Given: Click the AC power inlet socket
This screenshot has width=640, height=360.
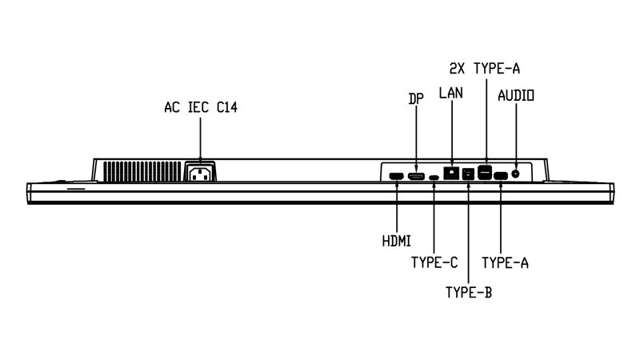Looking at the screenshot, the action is click(201, 171).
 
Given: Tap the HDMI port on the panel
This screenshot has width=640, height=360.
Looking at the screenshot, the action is click(396, 176).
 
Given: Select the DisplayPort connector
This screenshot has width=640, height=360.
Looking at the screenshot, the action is click(416, 176).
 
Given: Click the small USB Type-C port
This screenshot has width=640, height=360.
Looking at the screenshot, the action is click(434, 177).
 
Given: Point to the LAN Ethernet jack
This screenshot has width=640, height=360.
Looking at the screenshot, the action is click(451, 173).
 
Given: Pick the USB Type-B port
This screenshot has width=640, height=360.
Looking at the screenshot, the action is click(468, 174).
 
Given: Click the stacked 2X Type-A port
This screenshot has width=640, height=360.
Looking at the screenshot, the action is click(485, 173).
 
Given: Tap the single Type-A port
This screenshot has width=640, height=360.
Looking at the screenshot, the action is click(501, 176).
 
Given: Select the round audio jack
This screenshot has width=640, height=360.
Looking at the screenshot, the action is click(515, 174).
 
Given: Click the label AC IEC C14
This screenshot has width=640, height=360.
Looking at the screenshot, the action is click(201, 107).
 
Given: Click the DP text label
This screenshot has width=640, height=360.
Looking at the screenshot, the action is click(416, 98).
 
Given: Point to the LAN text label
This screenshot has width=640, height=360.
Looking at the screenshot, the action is click(451, 93).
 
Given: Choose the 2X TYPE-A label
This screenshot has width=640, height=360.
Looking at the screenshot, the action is click(485, 69).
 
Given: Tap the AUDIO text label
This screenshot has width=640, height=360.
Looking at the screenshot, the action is click(516, 95).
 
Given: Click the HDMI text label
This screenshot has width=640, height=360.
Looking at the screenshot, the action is click(396, 241).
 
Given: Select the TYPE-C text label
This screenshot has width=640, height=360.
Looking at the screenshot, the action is click(434, 262).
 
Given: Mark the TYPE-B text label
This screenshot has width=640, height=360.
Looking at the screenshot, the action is click(469, 292).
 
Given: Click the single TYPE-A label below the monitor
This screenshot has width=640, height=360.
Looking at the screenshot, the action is click(506, 262).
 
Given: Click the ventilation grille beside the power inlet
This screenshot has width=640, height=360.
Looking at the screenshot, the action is click(142, 171).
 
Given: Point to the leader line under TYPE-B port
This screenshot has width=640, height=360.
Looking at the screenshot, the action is click(468, 232).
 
